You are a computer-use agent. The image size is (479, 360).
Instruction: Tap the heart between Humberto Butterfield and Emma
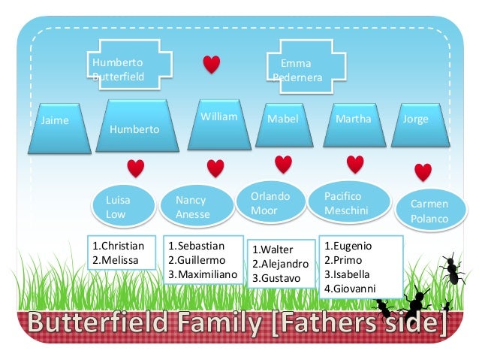pos(212,65)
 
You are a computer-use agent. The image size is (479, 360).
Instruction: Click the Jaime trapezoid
pos(55,128)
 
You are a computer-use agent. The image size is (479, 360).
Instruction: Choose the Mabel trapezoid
pos(284,125)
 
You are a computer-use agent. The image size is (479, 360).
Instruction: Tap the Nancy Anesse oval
pos(194,207)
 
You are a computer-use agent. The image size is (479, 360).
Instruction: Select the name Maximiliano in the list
pos(206,274)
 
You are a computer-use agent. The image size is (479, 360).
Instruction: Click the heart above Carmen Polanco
pos(423,172)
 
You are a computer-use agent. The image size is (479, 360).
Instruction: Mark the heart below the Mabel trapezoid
pos(283,164)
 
